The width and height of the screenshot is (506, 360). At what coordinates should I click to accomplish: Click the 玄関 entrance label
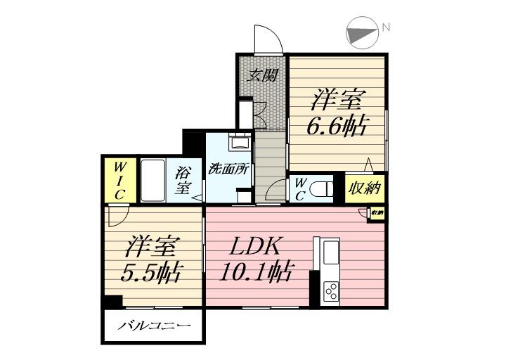[x=262, y=74]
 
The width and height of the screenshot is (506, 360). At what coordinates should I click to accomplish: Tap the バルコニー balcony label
[x=154, y=326]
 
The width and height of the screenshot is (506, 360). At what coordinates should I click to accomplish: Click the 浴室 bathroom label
[x=183, y=180]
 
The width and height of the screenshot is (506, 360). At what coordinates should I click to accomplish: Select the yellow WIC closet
[x=118, y=179]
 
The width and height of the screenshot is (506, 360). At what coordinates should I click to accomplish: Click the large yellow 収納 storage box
[x=363, y=187]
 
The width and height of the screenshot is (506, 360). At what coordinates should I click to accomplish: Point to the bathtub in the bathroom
[x=152, y=180]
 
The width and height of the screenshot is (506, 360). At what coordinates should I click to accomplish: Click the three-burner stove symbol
[x=330, y=291]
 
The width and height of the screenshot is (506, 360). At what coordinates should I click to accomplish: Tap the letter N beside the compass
[x=386, y=28]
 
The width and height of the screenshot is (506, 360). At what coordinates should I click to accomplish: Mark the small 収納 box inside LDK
[x=377, y=213]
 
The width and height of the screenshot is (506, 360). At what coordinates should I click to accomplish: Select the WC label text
[x=299, y=189]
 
